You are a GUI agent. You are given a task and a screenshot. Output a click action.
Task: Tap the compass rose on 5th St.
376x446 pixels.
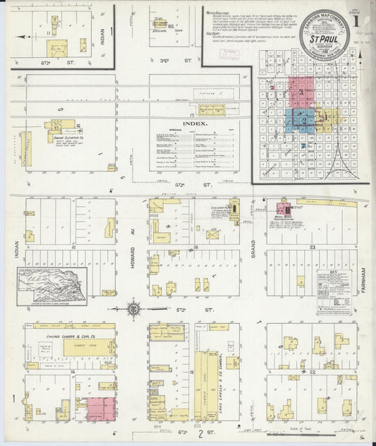(x=133, y=308)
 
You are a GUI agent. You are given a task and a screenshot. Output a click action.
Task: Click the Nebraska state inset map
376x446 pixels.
(x=54, y=285)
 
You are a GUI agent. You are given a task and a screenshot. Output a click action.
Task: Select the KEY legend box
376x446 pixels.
(x=334, y=291)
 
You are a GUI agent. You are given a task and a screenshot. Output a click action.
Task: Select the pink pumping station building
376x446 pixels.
(x=284, y=210)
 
